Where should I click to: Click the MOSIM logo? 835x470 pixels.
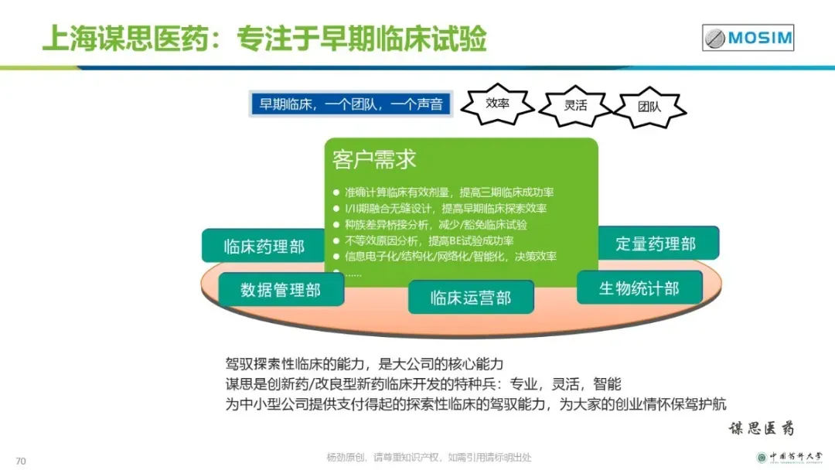tap(748, 37)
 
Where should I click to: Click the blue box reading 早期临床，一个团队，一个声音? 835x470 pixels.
tap(351, 104)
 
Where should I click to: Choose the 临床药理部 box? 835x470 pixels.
tap(264, 246)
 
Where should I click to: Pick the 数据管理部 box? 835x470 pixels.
tap(280, 290)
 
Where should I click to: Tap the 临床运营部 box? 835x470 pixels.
tap(471, 298)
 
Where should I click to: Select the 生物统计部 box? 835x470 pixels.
tap(639, 288)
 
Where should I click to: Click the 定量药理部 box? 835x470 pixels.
tap(656, 244)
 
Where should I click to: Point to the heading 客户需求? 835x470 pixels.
tap(374, 159)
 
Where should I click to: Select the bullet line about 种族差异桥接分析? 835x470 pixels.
tap(436, 224)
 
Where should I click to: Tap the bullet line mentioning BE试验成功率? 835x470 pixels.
tap(429, 240)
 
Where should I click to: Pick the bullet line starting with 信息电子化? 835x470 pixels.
tap(450, 257)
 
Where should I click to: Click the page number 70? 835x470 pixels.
tap(21, 461)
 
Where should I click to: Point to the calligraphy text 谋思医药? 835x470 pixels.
tap(761, 428)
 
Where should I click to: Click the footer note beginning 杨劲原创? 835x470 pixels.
tap(429, 457)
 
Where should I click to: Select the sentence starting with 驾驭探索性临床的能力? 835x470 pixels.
tap(364, 363)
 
